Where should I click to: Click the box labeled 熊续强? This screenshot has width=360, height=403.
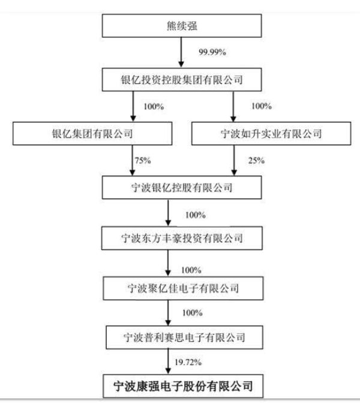click(x=182, y=26)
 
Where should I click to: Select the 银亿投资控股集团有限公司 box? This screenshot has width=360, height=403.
click(x=182, y=80)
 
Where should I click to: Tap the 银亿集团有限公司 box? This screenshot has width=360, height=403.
click(x=92, y=134)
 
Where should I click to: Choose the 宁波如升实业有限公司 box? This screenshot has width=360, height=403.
click(x=271, y=134)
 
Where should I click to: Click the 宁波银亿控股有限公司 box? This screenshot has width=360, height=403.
click(x=182, y=187)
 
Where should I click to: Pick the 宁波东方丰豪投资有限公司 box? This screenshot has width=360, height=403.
click(x=182, y=238)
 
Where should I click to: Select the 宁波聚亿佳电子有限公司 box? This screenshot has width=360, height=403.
click(x=183, y=288)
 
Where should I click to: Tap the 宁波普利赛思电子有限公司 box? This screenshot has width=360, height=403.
click(x=184, y=338)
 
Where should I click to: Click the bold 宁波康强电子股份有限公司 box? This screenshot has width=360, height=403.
click(x=183, y=386)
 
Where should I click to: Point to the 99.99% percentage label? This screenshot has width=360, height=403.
click(x=212, y=52)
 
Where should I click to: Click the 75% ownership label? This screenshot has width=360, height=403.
click(x=143, y=160)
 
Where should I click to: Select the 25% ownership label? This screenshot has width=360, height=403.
click(x=256, y=160)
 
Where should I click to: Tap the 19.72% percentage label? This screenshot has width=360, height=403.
click(x=188, y=362)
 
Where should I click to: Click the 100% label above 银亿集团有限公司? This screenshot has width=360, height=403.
click(x=154, y=106)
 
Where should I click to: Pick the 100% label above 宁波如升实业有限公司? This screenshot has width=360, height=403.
click(x=262, y=106)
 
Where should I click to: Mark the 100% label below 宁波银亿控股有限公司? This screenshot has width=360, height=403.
click(x=196, y=215)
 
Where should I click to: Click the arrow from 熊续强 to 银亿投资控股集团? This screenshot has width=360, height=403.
click(x=181, y=52)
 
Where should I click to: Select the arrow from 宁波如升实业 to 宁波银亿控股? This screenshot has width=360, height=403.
click(x=234, y=160)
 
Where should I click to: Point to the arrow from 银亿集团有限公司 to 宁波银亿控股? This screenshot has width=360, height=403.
click(x=133, y=160)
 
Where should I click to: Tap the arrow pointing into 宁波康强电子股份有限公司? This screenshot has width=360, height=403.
click(x=168, y=362)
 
